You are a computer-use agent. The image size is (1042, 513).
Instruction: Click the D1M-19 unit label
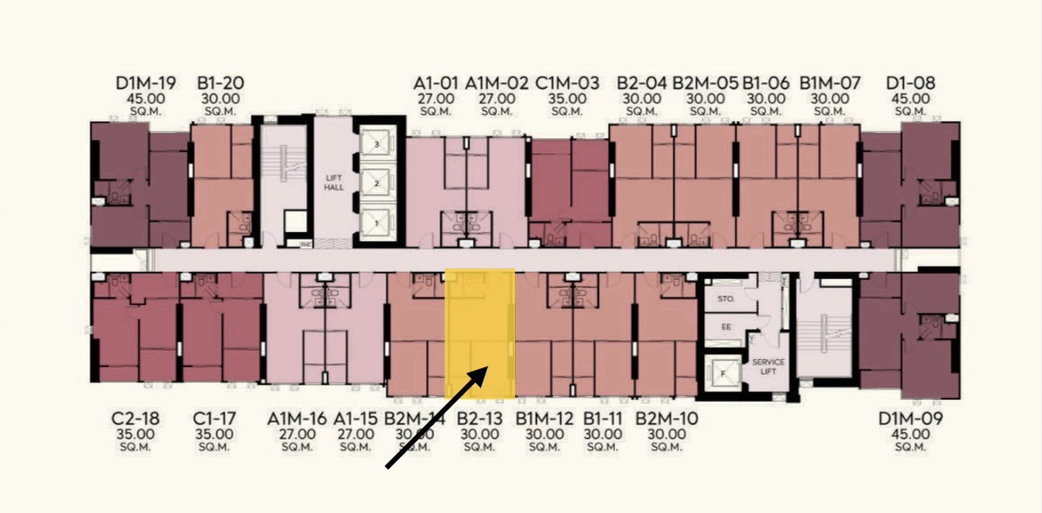click(146, 83)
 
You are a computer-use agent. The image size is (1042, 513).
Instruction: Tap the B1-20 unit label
click(221, 83)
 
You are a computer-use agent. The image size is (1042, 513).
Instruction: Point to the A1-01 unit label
click(435, 83)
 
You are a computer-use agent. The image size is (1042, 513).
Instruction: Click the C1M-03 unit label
click(568, 83)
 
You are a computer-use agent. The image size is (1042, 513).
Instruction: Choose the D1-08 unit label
click(911, 83)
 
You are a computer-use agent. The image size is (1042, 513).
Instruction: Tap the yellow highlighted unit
click(480, 333)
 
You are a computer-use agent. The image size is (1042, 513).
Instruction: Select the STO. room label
click(727, 298)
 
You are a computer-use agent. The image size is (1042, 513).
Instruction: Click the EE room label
click(726, 328)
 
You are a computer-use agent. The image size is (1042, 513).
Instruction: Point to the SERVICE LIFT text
click(768, 366)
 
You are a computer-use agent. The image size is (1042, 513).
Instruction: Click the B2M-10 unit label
click(666, 418)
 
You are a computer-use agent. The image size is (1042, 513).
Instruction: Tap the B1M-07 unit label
click(830, 83)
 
